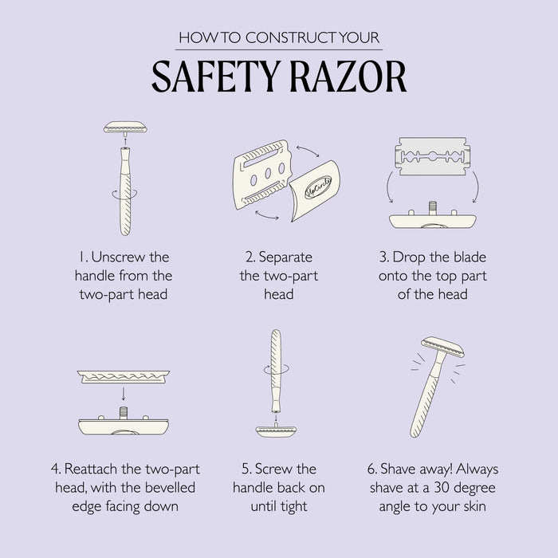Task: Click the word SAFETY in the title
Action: coord(214,77)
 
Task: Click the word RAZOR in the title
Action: coord(348,77)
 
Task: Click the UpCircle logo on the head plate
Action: coord(318,187)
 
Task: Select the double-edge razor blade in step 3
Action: coord(432,156)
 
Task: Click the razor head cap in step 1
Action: coord(125,127)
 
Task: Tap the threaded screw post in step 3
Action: coord(432,208)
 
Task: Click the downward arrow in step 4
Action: coord(124,394)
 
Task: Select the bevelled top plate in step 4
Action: coord(124,376)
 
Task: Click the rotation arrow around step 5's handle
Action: coord(277,369)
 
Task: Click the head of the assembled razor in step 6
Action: coord(443,347)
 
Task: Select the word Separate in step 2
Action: coord(285,257)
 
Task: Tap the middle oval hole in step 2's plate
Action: coord(268,173)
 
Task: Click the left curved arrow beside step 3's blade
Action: coord(390,187)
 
